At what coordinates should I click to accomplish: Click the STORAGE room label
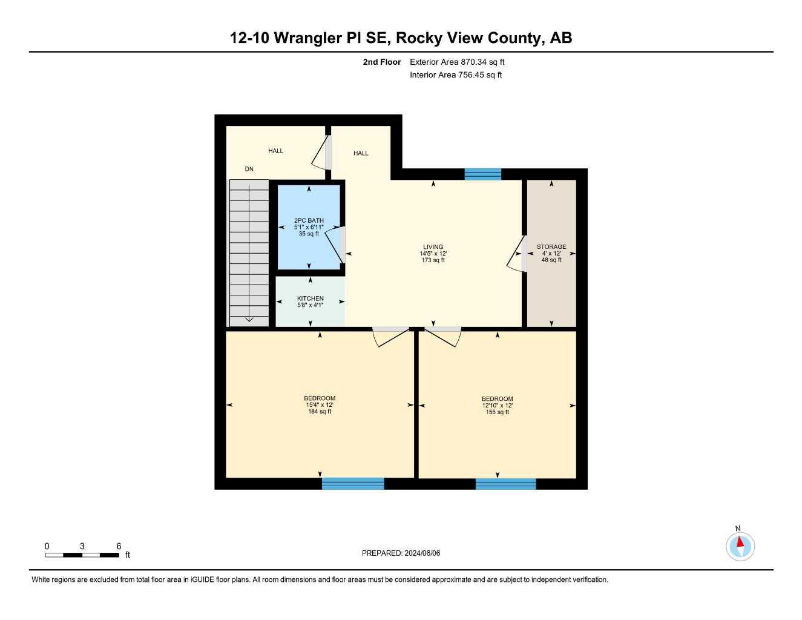[551, 246]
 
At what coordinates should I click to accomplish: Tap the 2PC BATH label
[309, 220]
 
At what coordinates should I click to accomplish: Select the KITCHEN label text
[310, 298]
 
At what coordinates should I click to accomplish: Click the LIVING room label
[433, 247]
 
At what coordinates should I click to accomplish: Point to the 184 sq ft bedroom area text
[320, 412]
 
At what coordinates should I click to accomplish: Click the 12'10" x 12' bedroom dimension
[497, 406]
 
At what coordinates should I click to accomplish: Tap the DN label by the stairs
[249, 169]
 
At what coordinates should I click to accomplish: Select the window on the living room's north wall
[482, 174]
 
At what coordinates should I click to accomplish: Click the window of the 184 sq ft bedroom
[353, 483]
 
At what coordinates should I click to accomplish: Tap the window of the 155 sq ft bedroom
[505, 484]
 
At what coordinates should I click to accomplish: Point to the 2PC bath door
[335, 245]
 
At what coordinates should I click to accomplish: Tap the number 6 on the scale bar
[119, 546]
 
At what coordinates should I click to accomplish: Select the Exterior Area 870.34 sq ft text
[457, 62]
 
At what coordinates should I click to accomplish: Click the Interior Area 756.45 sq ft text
[456, 75]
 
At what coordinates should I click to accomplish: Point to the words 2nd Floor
[381, 62]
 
